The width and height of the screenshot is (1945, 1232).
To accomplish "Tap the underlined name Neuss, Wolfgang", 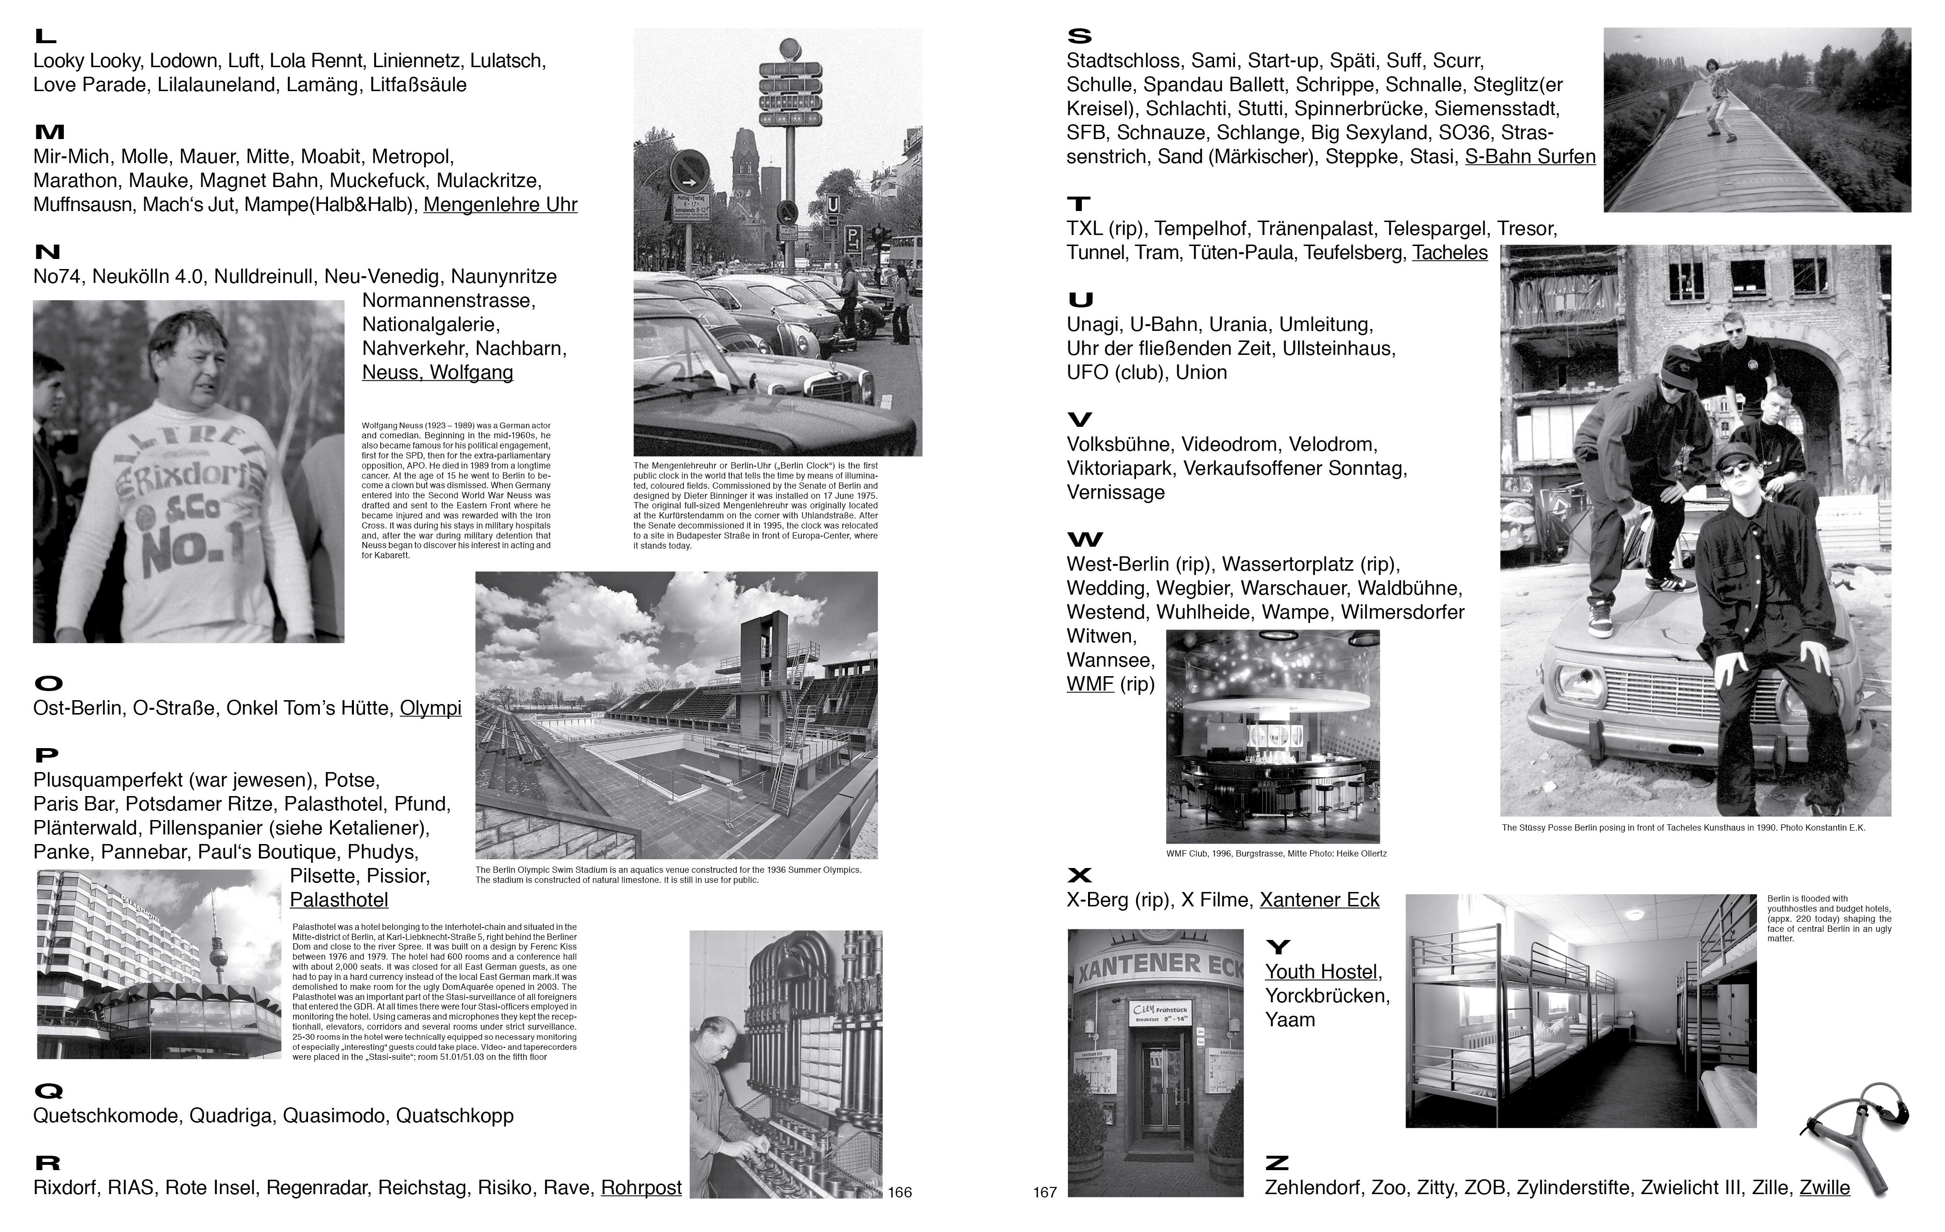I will click(x=437, y=373).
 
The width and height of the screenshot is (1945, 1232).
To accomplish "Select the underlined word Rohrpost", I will click(x=641, y=1187).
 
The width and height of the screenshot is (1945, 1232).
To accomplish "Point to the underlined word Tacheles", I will click(x=1449, y=253).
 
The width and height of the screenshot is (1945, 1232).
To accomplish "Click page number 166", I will click(x=900, y=1192).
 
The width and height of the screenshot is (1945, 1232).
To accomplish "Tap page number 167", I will click(x=1044, y=1192).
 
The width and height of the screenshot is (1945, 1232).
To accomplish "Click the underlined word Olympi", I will click(x=431, y=708).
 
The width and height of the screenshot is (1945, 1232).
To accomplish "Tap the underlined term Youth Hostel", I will click(x=1322, y=972).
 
